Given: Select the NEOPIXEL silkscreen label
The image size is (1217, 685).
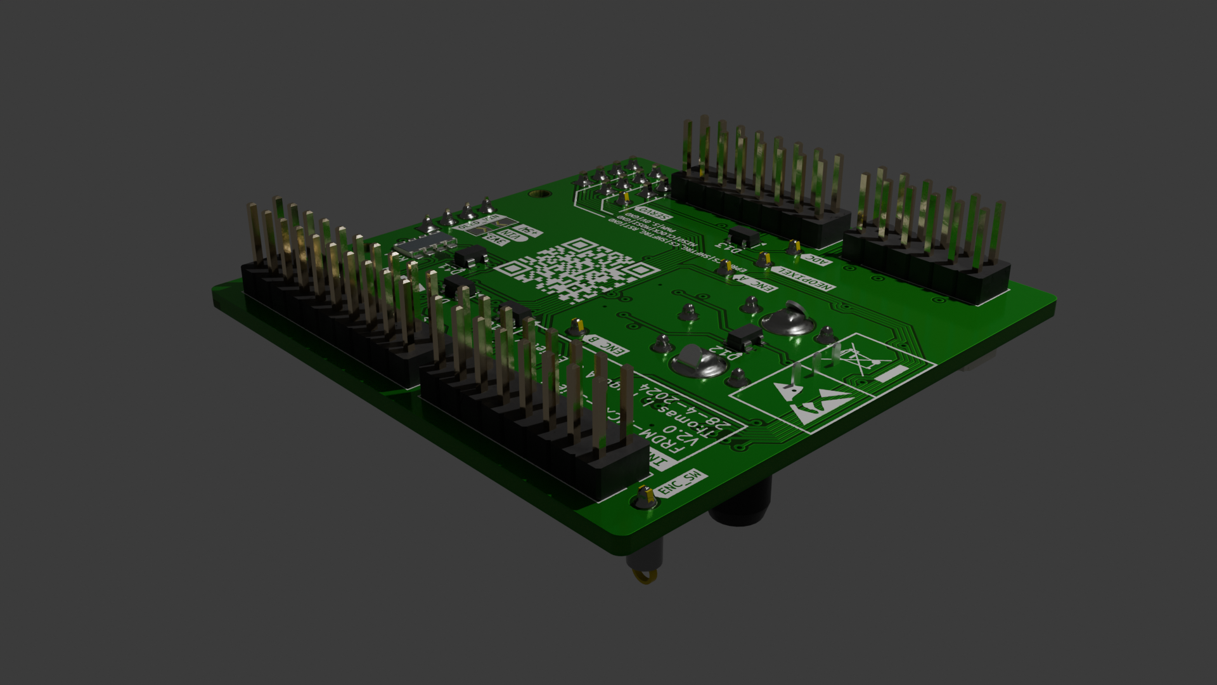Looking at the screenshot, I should pyautogui.click(x=803, y=279).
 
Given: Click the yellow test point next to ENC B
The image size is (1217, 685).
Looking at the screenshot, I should pyautogui.click(x=576, y=327).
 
